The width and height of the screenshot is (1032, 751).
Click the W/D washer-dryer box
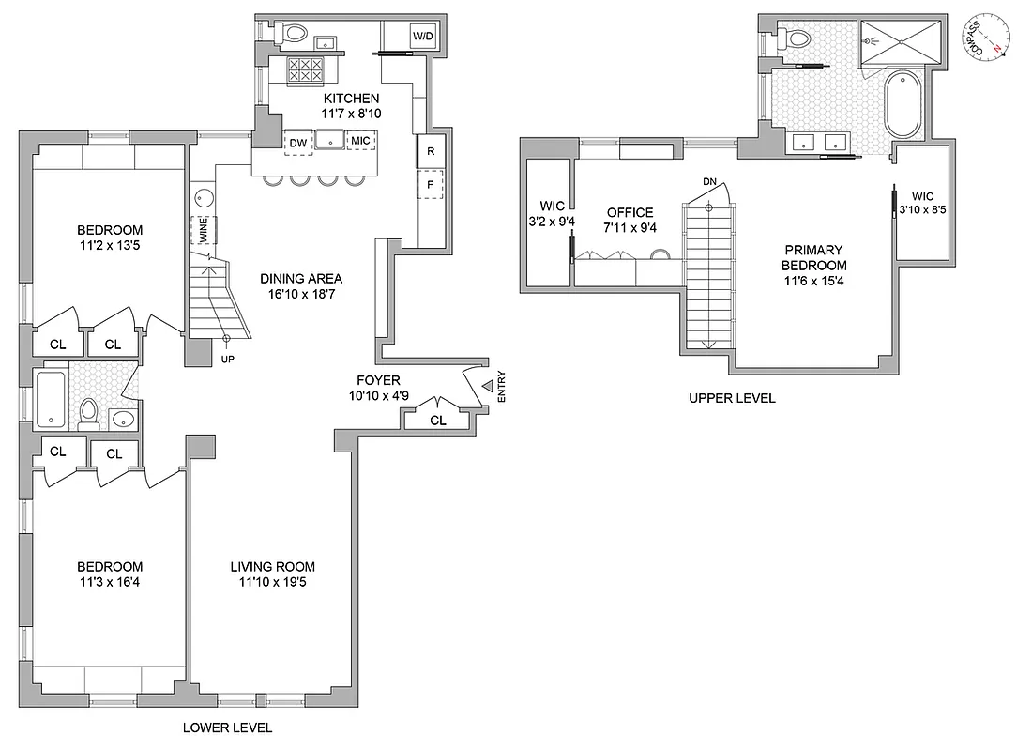pyautogui.click(x=421, y=37)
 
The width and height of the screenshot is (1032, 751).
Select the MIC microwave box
pyautogui.click(x=360, y=140)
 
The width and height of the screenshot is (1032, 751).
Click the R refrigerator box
pyautogui.click(x=431, y=151)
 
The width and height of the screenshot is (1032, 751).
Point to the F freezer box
pyautogui.click(x=431, y=185)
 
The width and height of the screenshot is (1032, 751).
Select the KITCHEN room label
pyautogui.click(x=352, y=99)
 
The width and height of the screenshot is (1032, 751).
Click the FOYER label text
pyautogui.click(x=379, y=380)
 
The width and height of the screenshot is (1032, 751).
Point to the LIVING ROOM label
pyautogui.click(x=273, y=567)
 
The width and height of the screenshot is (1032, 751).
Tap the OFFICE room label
pyautogui.click(x=630, y=212)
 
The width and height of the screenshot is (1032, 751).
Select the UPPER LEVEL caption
pyautogui.click(x=732, y=398)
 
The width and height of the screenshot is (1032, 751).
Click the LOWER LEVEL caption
pyautogui.click(x=228, y=728)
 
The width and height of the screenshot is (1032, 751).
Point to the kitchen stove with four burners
pyautogui.click(x=305, y=69)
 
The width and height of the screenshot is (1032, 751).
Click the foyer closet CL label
pyautogui.click(x=437, y=421)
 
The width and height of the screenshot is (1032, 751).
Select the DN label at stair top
pyautogui.click(x=710, y=182)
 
